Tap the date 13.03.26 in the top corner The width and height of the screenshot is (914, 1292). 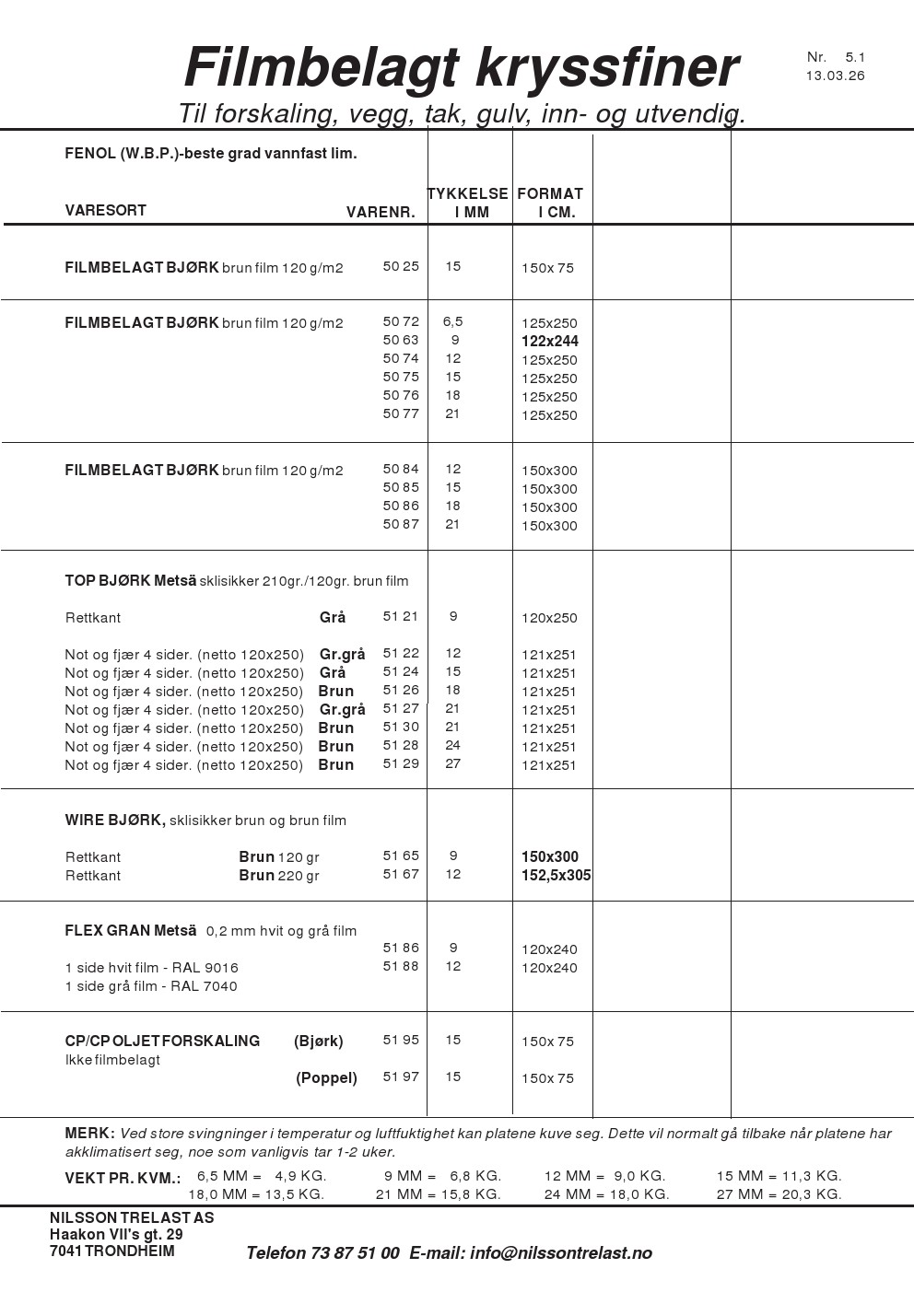pyautogui.click(x=835, y=76)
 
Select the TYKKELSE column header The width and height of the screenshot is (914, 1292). pyautogui.click(x=468, y=194)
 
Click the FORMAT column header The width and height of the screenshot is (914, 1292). pyautogui.click(x=550, y=194)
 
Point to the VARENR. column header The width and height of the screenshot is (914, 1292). pyautogui.click(x=381, y=213)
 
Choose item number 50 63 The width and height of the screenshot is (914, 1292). pyautogui.click(x=401, y=340)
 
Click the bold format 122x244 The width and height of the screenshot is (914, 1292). pyautogui.click(x=550, y=342)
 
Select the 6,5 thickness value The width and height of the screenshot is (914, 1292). pyautogui.click(x=452, y=321)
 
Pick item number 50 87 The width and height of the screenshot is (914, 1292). pyautogui.click(x=401, y=524)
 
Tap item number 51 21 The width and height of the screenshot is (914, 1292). pyautogui.click(x=401, y=616)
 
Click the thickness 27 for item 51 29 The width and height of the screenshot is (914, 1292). pyautogui.click(x=452, y=763)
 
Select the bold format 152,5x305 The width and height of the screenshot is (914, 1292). pyautogui.click(x=557, y=876)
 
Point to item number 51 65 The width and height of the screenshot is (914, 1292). pyautogui.click(x=401, y=856)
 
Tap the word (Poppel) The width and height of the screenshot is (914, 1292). pyautogui.click(x=326, y=1077)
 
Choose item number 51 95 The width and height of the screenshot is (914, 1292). pyautogui.click(x=401, y=1040)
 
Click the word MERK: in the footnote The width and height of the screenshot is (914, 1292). pyautogui.click(x=89, y=1133)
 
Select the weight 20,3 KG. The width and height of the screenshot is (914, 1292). pyautogui.click(x=812, y=1194)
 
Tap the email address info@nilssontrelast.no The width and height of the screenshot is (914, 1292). pyautogui.click(x=561, y=1253)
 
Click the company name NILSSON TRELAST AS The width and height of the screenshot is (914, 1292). pyautogui.click(x=132, y=1217)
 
